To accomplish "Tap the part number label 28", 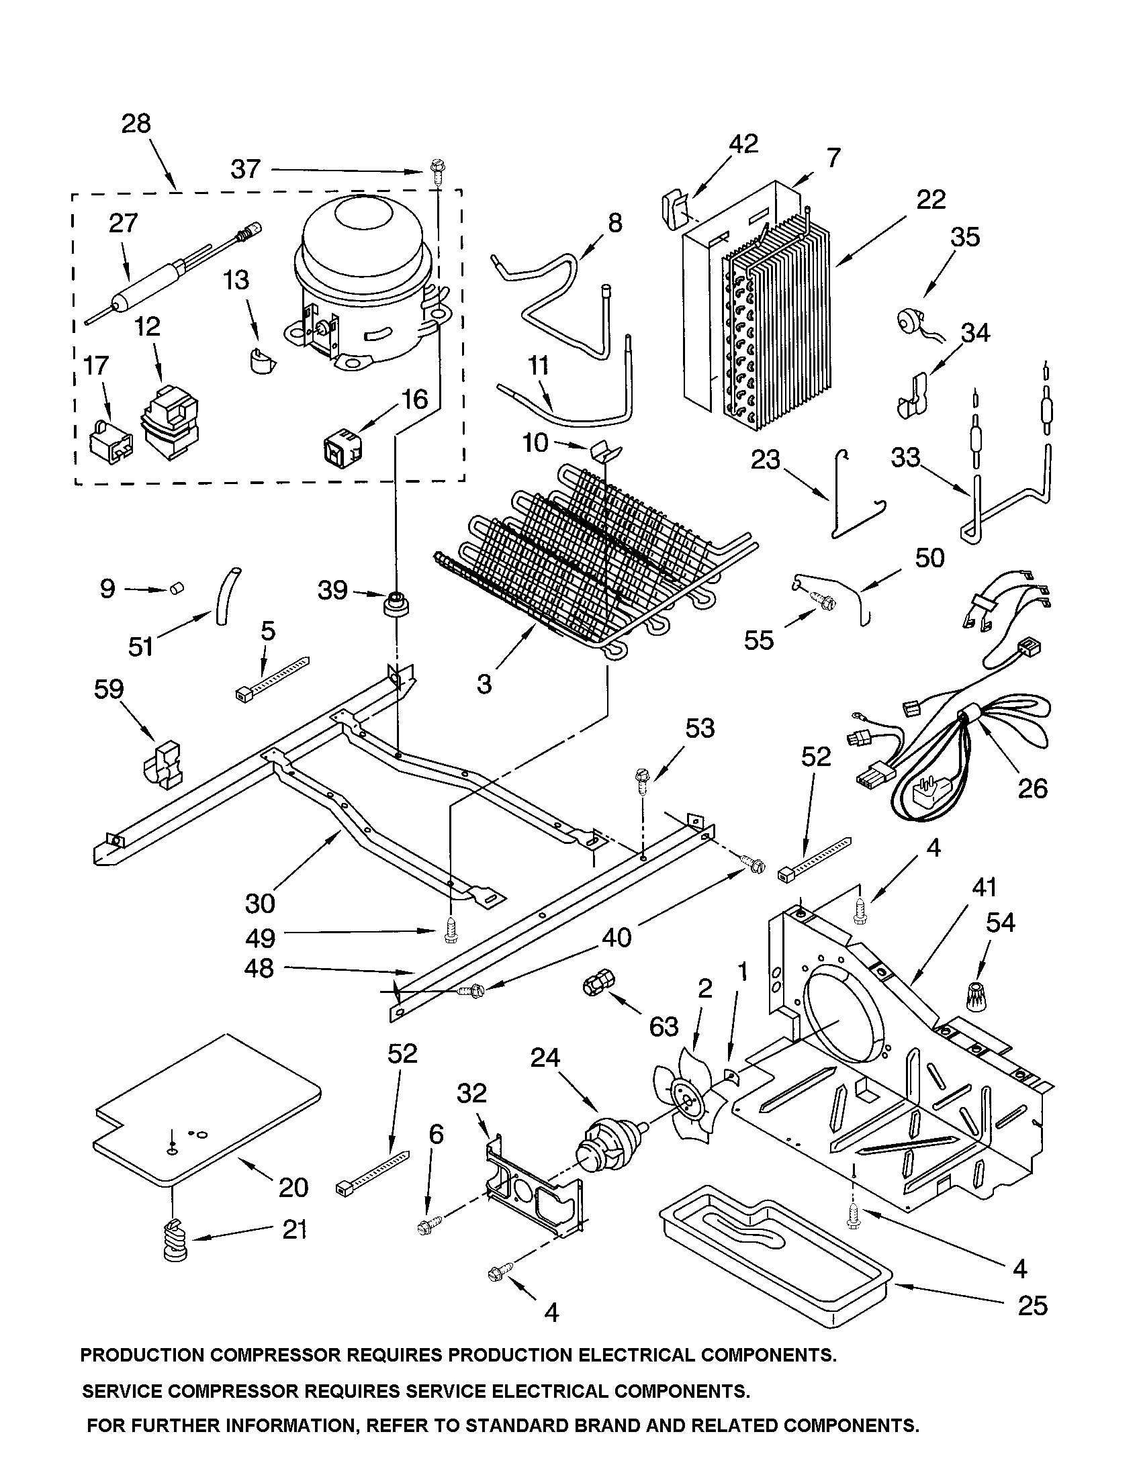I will point(136,124).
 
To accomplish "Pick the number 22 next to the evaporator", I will point(931,199).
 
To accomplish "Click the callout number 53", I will point(699,728).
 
